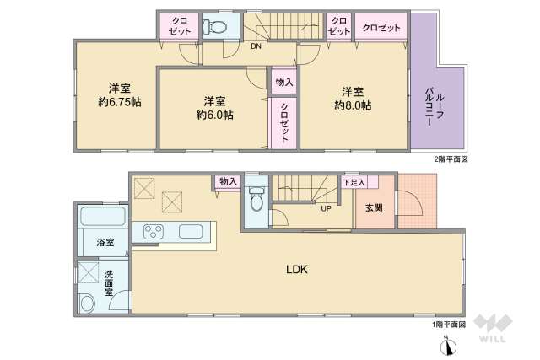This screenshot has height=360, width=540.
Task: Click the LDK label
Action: [x=296, y=270]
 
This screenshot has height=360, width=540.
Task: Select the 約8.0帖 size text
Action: [x=353, y=105]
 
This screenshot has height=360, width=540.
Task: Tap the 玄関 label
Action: [x=374, y=207]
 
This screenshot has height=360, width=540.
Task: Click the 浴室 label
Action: [x=105, y=243]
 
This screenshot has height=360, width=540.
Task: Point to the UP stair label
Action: [x=325, y=208]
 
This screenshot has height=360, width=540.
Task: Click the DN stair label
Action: [x=256, y=47]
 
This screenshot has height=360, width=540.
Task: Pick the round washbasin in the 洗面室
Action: [x=87, y=303]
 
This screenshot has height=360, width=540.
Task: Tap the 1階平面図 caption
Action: [x=450, y=324]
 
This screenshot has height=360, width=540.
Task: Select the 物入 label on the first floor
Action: [x=227, y=181]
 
